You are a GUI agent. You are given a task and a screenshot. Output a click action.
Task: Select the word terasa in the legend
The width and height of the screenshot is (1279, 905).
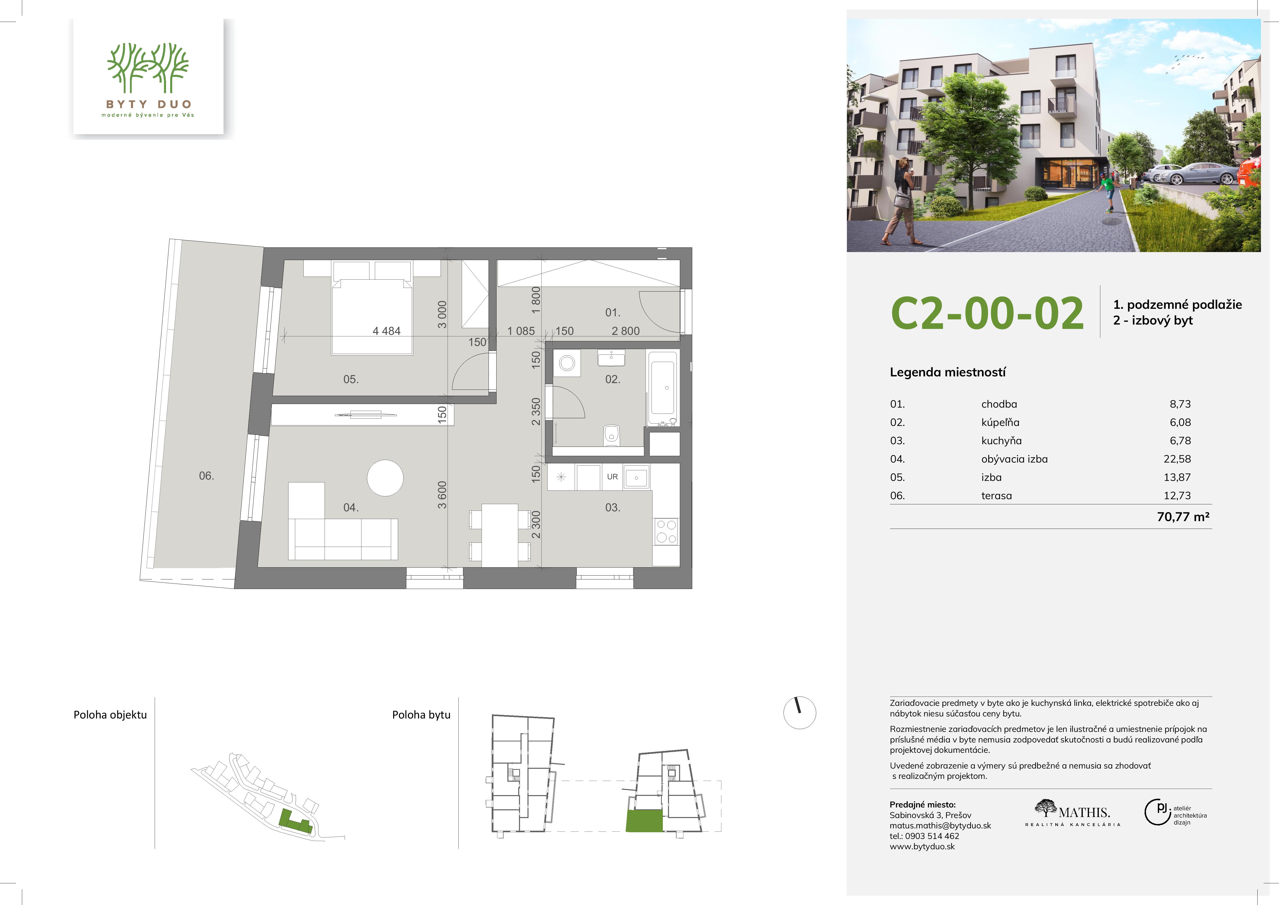pyautogui.click(x=997, y=495)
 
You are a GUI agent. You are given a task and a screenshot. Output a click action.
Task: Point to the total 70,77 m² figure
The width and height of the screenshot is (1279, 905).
pyautogui.click(x=1183, y=516)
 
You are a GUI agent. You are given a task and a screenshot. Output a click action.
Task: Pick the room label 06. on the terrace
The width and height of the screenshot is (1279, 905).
pyautogui.click(x=207, y=475)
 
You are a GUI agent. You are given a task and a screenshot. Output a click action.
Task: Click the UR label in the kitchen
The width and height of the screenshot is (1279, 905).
pyautogui.click(x=612, y=476)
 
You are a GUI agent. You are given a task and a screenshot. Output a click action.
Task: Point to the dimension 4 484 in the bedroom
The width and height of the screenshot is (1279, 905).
pyautogui.click(x=387, y=331)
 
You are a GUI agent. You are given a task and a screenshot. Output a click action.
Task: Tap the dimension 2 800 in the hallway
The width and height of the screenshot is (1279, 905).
pyautogui.click(x=625, y=331)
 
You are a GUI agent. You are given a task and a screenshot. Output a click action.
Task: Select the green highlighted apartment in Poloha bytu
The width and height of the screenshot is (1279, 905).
pyautogui.click(x=645, y=821)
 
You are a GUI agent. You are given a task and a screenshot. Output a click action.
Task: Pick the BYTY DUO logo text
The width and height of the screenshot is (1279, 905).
pyautogui.click(x=149, y=104)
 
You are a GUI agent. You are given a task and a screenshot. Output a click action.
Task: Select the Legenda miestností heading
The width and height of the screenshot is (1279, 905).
pyautogui.click(x=947, y=372)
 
